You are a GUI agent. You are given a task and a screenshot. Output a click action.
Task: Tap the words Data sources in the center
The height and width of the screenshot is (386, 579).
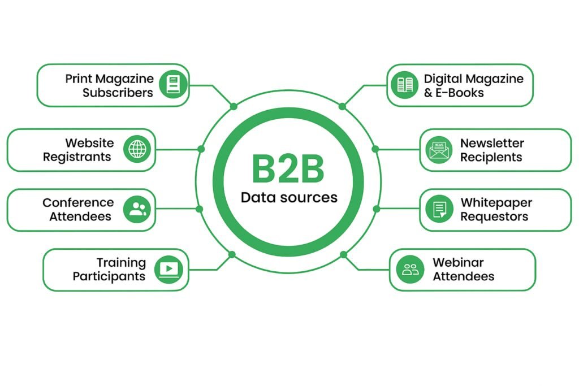288,197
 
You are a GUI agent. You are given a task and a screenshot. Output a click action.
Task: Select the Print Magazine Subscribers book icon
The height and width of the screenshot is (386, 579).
172,85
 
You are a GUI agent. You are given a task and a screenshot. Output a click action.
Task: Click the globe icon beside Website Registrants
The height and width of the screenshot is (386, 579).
137,149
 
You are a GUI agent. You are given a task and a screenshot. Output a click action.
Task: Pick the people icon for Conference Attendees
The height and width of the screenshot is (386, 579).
137,209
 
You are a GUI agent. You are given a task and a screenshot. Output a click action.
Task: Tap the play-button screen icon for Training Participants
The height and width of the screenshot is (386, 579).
169,270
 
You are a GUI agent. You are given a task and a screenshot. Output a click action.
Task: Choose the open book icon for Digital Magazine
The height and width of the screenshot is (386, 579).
405,85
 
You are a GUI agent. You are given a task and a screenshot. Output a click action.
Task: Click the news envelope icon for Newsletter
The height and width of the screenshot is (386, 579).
439,150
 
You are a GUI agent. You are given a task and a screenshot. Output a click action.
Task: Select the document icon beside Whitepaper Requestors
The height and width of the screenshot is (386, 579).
439,210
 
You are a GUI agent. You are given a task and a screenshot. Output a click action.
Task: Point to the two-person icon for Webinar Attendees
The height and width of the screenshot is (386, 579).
410,270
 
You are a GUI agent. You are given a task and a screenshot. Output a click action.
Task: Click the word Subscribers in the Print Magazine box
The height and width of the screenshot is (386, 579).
118,93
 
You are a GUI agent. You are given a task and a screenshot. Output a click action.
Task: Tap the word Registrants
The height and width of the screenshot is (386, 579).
77,157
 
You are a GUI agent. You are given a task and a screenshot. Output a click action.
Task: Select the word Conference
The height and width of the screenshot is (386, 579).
78,202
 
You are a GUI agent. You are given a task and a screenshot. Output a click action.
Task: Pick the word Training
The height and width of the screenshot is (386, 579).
121,262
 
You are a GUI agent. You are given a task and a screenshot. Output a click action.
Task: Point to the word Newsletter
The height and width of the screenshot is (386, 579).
492,143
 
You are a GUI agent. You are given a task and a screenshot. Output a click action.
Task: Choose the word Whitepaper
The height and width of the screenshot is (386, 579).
496,202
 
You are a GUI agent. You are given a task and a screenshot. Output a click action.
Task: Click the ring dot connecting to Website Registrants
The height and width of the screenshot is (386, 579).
201,149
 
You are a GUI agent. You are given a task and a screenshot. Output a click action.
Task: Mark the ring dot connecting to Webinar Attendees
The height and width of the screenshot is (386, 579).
342,254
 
